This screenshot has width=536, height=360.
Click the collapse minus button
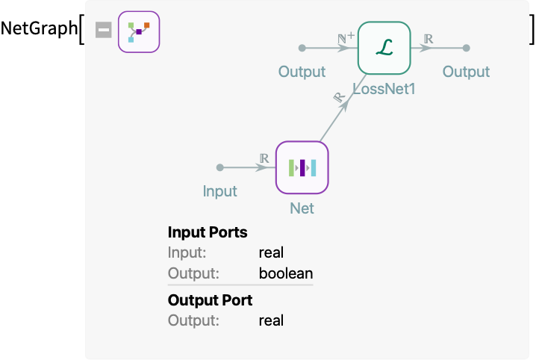[104, 30]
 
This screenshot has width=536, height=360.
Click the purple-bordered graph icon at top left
[139, 32]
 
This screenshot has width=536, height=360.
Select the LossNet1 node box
[384, 48]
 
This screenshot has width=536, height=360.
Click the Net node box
[302, 167]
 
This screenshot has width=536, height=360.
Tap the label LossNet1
[384, 89]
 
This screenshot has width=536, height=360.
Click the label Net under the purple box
[302, 208]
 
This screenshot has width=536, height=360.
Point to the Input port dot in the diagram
[219, 167]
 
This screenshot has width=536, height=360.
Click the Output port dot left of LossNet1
[302, 48]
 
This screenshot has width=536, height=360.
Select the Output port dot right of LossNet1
[466, 48]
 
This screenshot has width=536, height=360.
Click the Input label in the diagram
[219, 191]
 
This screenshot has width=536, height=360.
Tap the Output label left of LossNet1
[302, 72]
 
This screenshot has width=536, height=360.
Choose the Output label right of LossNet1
[466, 72]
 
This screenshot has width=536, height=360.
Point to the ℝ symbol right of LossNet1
[428, 38]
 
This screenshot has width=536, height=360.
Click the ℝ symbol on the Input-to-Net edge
[264, 158]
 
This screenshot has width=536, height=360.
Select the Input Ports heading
[208, 232]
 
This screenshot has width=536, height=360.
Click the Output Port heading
[210, 300]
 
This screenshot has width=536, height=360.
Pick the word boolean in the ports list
[285, 273]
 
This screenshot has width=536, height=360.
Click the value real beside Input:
[271, 253]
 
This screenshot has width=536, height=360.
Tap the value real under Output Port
[271, 320]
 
